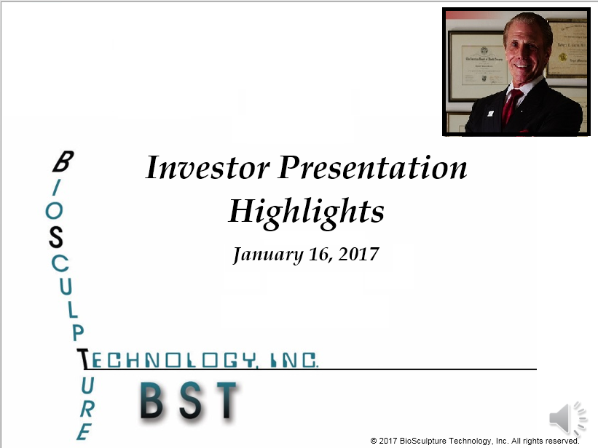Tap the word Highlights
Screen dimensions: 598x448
click(306, 212)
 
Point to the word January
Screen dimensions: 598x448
click(268, 255)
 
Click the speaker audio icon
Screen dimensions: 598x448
click(568, 418)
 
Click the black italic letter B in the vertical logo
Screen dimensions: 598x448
click(63, 161)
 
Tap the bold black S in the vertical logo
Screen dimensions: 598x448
click(56, 237)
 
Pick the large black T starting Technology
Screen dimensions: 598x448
click(83, 359)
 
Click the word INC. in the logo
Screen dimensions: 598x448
click(294, 360)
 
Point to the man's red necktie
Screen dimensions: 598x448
click(511, 107)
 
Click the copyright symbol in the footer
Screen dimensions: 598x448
click(374, 441)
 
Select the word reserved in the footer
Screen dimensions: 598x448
click(562, 441)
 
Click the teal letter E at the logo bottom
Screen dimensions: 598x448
click(84, 432)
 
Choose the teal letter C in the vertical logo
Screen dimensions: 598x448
click(60, 263)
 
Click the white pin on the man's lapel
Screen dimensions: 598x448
click(490, 113)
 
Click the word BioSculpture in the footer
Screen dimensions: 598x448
click(422, 441)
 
